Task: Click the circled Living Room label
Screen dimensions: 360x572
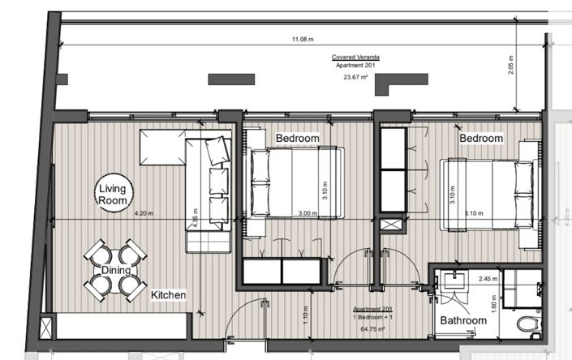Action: pyautogui.click(x=114, y=194)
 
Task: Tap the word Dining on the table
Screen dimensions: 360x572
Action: pyautogui.click(x=116, y=271)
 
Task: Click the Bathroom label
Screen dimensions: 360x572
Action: pyautogui.click(x=463, y=321)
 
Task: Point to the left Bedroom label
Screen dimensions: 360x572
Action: pyautogui.click(x=297, y=139)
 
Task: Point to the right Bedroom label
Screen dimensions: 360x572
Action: pyautogui.click(x=481, y=139)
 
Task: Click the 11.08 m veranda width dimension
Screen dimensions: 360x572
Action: pyautogui.click(x=303, y=38)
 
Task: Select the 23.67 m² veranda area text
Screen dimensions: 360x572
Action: pyautogui.click(x=356, y=77)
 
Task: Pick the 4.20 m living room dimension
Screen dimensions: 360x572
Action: pyautogui.click(x=144, y=215)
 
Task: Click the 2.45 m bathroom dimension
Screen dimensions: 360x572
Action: pyautogui.click(x=486, y=279)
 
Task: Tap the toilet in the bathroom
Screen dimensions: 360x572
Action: pyautogui.click(x=529, y=327)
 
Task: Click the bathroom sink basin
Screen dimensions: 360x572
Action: pyautogui.click(x=453, y=283)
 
